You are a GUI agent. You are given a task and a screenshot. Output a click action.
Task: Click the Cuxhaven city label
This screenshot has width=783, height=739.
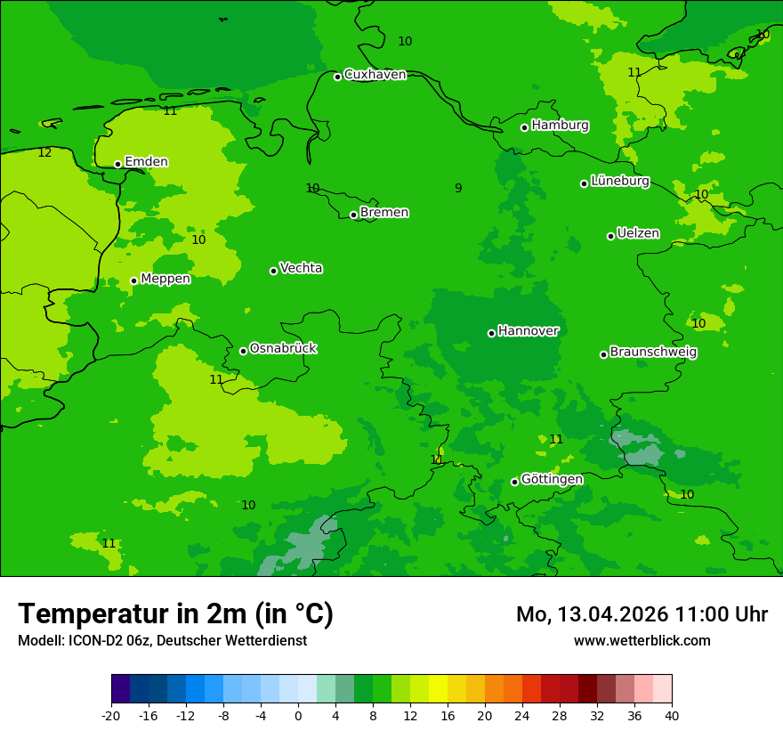375,75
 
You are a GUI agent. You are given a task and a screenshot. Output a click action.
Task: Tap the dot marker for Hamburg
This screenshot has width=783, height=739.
525,127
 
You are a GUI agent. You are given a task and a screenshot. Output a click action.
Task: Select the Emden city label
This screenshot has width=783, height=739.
146,162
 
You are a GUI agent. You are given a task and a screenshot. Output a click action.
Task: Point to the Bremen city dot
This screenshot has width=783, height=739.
353,215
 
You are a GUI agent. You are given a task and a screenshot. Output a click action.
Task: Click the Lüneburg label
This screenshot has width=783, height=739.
619,182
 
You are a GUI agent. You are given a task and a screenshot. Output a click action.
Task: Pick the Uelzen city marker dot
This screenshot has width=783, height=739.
611,236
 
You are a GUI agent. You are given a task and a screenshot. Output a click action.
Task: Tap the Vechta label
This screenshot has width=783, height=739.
301,268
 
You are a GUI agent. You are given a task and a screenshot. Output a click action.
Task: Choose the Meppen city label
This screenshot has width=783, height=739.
165,279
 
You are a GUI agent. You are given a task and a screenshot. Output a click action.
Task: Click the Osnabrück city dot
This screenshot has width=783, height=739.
243,351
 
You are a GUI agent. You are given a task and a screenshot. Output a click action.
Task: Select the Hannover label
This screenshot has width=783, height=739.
528,331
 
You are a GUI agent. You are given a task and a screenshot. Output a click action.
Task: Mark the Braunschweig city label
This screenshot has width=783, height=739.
653,353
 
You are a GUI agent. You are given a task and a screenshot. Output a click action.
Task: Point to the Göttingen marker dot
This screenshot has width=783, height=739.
514,482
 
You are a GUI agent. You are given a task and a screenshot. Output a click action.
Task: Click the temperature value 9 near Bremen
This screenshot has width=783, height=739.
458,188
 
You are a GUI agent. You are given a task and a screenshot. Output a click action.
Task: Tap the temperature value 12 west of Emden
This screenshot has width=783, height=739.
44,153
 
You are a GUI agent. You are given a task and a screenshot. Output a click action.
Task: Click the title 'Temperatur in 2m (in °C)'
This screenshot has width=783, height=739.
175,613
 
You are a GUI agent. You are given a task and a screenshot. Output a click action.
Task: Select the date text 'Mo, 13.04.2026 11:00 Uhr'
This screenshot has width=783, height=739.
642,614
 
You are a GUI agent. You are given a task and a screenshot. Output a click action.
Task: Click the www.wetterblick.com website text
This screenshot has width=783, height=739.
642,640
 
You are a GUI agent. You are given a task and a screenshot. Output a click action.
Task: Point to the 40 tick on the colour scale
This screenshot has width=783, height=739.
671,715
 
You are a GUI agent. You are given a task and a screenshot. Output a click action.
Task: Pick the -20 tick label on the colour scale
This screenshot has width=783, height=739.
111,715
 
